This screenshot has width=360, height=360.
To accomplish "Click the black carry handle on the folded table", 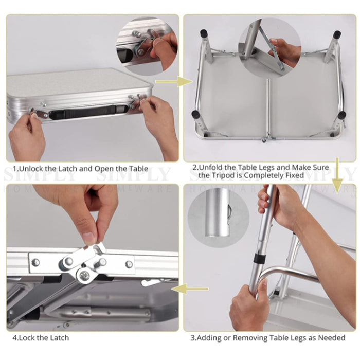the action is tap(88, 112).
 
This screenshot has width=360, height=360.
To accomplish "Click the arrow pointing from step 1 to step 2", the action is tap(174, 82).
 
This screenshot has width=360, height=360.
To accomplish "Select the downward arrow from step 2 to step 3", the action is tap(337, 175).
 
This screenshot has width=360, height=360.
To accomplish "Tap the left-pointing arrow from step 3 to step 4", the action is tap(190, 289).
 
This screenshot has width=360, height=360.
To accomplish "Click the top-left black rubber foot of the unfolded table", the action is tap(204, 34).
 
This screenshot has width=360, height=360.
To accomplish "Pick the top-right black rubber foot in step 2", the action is tap(337, 34).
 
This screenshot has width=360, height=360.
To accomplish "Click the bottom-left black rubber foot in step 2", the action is tap(195, 114).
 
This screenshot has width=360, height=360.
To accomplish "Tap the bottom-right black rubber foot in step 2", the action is tap(342, 115).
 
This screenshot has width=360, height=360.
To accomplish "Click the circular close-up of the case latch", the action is tap(148, 46).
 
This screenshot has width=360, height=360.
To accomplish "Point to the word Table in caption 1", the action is tap(138, 169).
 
